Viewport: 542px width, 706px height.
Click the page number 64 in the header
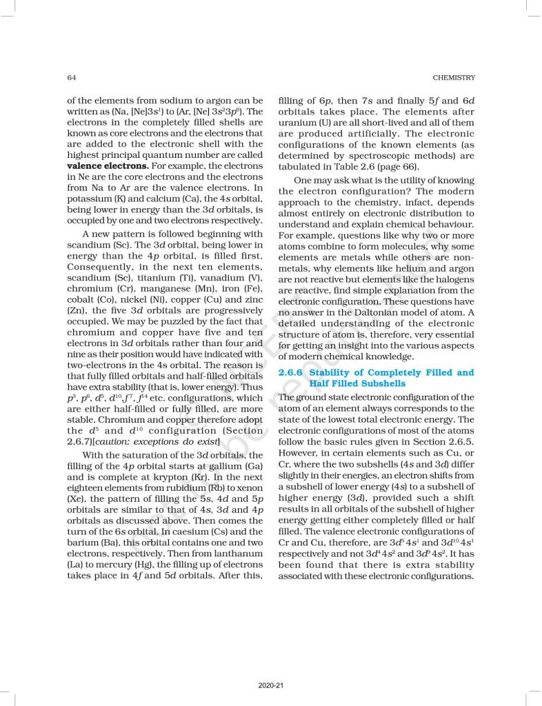71,77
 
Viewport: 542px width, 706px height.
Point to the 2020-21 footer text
270,685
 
